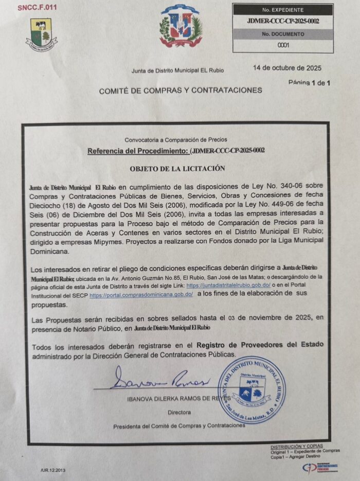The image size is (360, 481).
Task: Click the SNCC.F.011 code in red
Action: coord(37,8)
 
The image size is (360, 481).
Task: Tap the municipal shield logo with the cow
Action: coord(41,34)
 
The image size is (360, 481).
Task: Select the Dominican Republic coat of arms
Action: coord(181,26)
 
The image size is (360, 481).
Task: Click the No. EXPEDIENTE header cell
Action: coord(282,10)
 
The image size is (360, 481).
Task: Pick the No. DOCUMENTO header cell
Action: coord(282,34)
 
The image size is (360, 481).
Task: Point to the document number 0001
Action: coord(283,45)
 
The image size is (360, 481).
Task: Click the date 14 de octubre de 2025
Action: coord(287,67)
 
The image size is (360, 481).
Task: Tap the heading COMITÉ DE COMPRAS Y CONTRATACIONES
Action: coord(180,90)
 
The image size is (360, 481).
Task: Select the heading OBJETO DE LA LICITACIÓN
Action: coord(177,168)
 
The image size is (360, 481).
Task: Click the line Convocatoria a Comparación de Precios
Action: coord(175,139)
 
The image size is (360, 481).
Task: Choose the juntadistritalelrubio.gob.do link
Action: coord(228,284)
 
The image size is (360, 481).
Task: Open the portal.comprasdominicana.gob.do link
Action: coord(141,295)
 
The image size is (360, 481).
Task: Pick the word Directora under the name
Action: coord(178,412)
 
